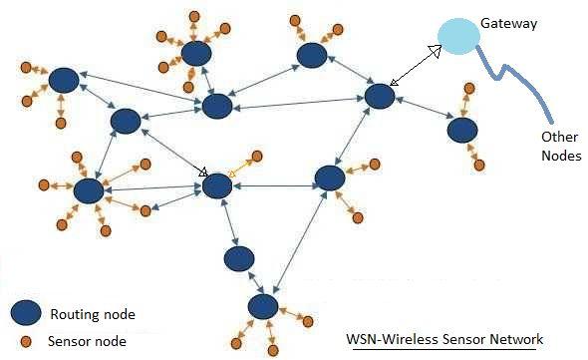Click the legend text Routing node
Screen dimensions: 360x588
91,315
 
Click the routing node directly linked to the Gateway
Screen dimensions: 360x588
380,97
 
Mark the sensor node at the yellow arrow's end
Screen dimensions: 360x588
257,157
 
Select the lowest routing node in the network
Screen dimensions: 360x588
263,304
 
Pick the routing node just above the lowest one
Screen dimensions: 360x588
239,259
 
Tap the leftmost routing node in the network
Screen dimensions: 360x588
64,80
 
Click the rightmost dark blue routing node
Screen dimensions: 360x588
460,130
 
